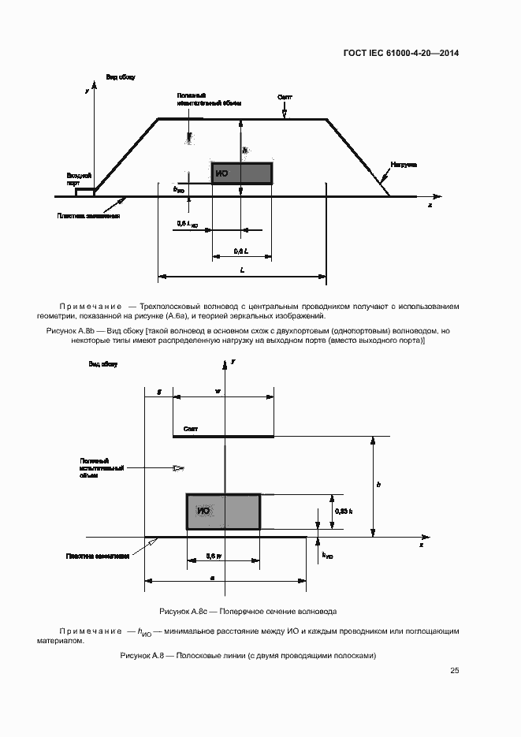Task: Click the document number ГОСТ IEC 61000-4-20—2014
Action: [x=401, y=54]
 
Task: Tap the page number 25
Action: [x=455, y=671]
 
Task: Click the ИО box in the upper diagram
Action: [x=241, y=173]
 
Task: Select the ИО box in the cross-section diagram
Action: [x=223, y=512]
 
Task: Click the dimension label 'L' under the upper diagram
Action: [x=243, y=270]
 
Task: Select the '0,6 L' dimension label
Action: [x=242, y=251]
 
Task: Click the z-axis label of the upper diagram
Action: [x=430, y=204]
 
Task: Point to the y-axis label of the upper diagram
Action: [x=85, y=91]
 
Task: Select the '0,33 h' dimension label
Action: [x=343, y=512]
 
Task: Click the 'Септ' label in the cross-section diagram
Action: [x=190, y=429]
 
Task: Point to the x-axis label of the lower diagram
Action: [x=421, y=545]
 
